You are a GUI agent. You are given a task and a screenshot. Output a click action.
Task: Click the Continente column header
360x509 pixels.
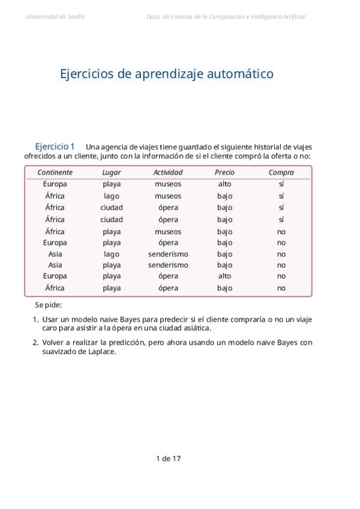point(55,172)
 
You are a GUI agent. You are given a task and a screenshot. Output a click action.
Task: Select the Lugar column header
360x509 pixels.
point(111,172)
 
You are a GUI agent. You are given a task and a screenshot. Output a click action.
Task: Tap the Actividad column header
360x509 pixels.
point(168,172)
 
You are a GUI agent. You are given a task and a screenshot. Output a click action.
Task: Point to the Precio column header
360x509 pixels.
point(224,172)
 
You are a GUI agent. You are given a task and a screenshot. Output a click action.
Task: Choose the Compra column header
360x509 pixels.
point(281,172)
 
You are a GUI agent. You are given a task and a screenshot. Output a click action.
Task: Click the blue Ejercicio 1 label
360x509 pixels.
point(55,146)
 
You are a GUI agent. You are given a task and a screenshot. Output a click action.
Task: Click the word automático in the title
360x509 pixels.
point(240,74)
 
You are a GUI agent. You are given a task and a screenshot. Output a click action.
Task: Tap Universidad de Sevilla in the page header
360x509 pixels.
point(55,17)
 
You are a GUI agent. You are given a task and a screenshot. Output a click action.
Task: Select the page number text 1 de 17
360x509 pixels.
point(168,459)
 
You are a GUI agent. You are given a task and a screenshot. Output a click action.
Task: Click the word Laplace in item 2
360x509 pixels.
point(101,352)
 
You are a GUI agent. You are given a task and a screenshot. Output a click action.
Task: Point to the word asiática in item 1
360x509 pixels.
point(196,328)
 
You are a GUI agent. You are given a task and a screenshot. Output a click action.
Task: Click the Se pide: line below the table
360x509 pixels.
point(48,305)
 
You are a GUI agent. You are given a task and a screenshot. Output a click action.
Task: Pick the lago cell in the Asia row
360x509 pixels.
point(111,254)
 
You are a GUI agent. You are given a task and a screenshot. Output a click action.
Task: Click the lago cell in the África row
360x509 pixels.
point(111,196)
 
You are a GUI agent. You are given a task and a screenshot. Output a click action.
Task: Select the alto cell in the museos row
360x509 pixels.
point(224,184)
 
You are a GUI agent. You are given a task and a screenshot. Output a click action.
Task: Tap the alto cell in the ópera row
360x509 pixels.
point(224,276)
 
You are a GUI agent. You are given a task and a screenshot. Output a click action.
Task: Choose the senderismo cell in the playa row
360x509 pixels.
point(168,265)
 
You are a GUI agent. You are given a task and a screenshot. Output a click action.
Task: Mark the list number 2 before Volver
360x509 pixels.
point(35,342)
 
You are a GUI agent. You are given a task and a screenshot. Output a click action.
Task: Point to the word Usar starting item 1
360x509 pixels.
point(50,319)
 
